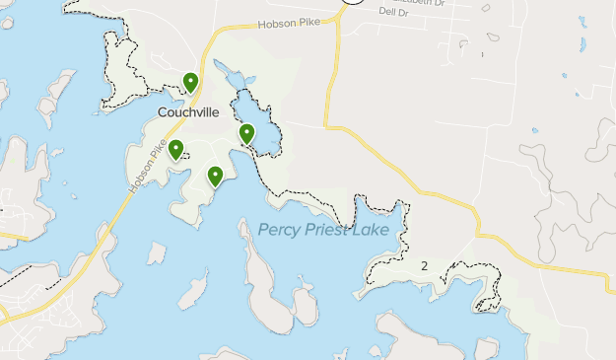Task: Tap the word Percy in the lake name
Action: pyautogui.click(x=280, y=230)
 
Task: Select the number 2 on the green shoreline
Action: pyautogui.click(x=424, y=265)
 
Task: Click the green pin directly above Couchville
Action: pyautogui.click(x=191, y=82)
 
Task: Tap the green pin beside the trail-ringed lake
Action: pyautogui.click(x=247, y=133)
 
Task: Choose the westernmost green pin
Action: pyautogui.click(x=175, y=149)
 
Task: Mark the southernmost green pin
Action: pyautogui.click(x=215, y=176)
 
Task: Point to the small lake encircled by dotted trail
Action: pyautogui.click(x=258, y=125)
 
